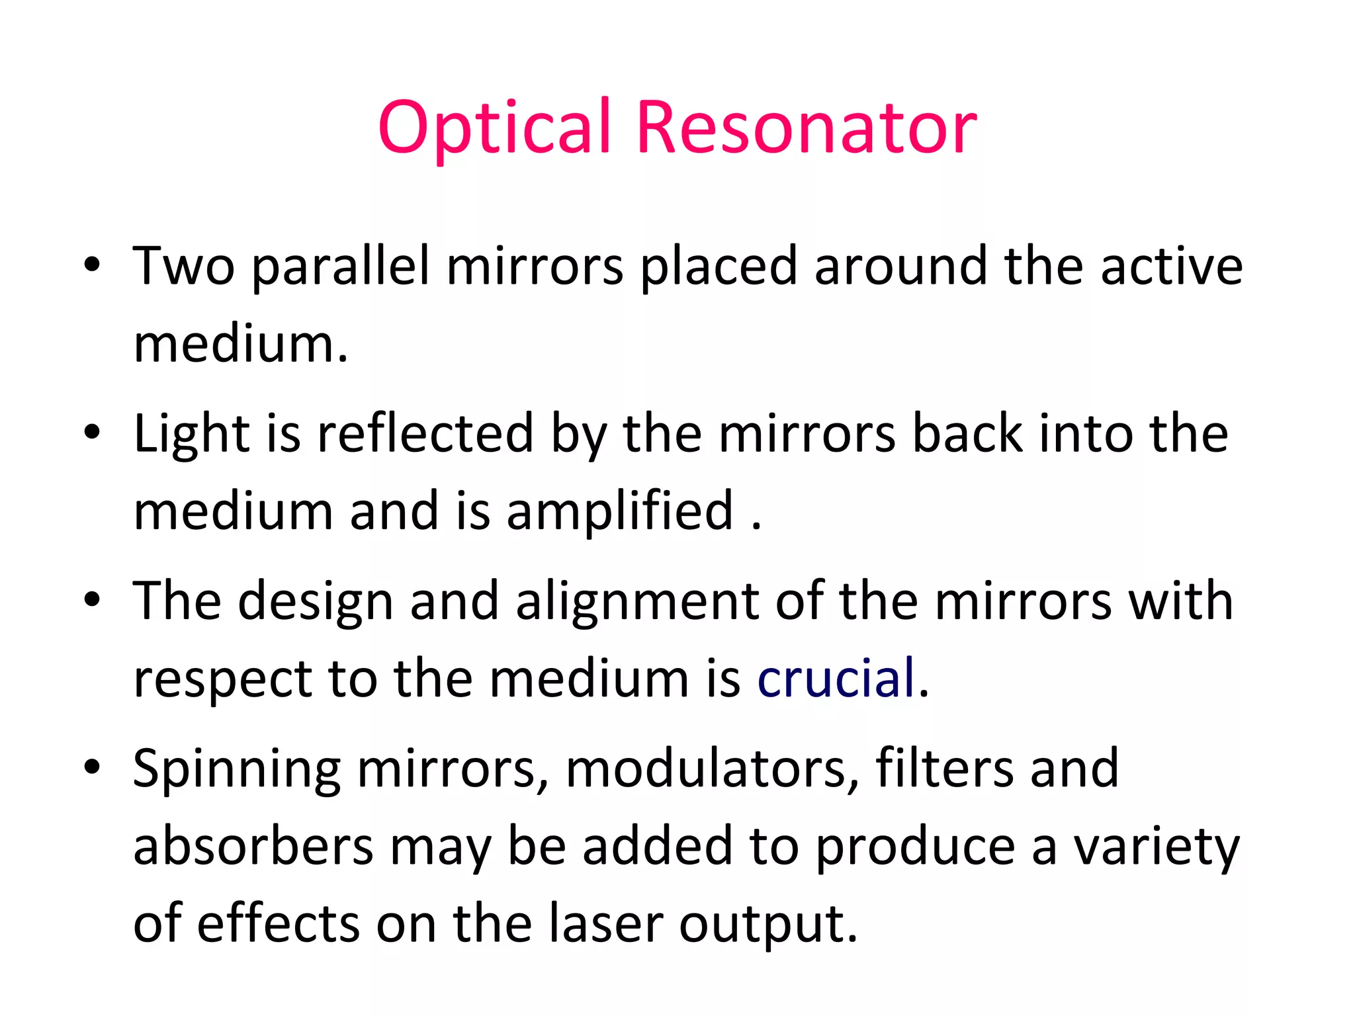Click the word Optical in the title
[x=494, y=127]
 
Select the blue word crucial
[x=836, y=678]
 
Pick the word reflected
[x=425, y=433]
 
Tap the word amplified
[x=620, y=511]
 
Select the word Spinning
[x=237, y=769]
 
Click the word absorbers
[x=253, y=846]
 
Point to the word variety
[x=1156, y=847]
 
